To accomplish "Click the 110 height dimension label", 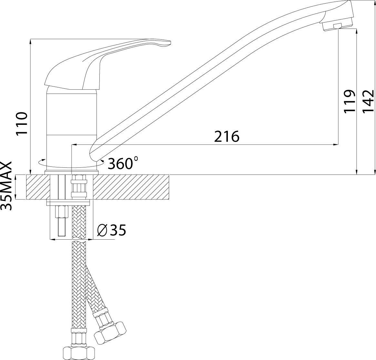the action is (x=21, y=124).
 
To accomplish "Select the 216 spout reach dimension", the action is (x=227, y=137).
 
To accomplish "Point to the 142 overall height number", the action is (x=368, y=101).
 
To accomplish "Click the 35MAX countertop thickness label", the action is (x=7, y=186).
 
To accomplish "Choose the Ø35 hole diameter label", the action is (x=111, y=230).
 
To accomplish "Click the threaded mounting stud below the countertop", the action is (x=61, y=221).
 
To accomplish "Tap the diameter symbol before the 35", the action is (x=101, y=230).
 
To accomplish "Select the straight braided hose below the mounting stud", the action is (x=79, y=274).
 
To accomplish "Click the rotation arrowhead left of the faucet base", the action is (x=41, y=161).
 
